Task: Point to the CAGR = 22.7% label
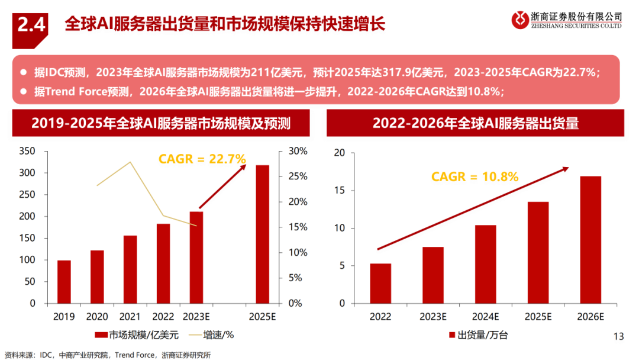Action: click(202, 158)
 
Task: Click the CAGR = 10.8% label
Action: click(475, 176)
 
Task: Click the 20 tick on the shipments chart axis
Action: click(339, 153)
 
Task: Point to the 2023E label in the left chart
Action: click(196, 316)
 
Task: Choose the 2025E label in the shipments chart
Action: click(538, 316)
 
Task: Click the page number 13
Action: click(619, 336)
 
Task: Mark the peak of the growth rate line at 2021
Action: click(130, 162)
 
